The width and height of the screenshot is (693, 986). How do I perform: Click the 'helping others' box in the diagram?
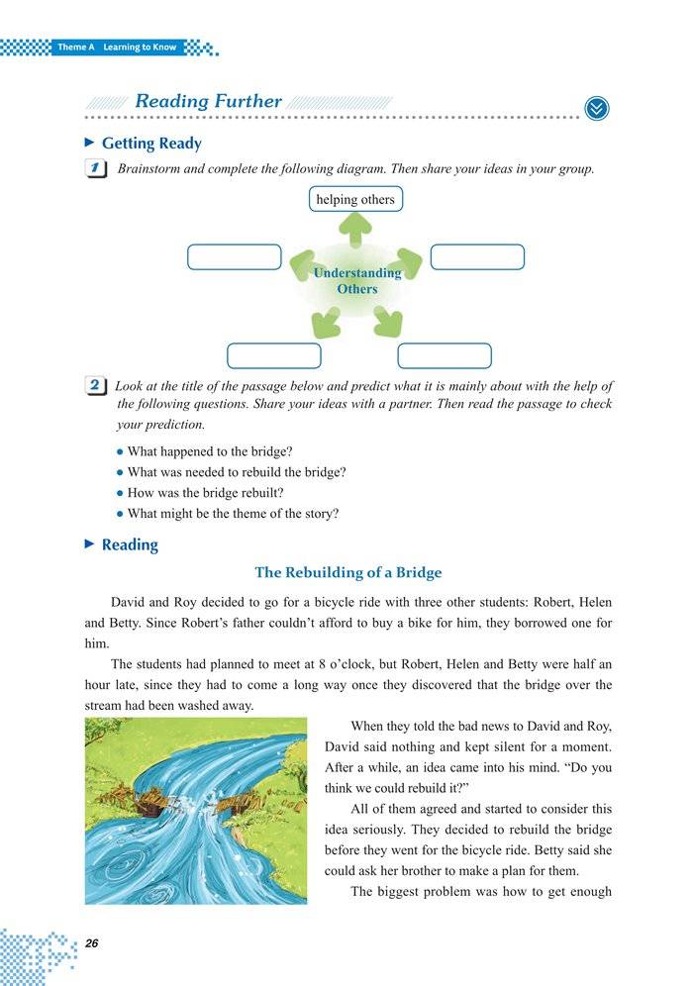point(355,200)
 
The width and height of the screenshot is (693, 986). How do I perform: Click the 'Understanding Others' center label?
point(356,280)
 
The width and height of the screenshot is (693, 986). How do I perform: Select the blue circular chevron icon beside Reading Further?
point(597,108)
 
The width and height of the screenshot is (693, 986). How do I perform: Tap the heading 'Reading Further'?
point(208,102)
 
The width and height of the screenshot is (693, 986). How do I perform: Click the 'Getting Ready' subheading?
point(151,144)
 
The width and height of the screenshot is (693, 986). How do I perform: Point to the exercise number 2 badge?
point(98,386)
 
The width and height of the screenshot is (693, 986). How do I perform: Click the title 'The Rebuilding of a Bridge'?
point(347,573)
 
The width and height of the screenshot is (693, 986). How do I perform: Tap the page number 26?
point(92,943)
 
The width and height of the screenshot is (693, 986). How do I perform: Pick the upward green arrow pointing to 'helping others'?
point(355,231)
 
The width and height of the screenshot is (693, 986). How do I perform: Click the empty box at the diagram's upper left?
point(235,256)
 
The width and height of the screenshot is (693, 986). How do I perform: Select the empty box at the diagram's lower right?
point(445,355)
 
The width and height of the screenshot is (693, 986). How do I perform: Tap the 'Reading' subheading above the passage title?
point(130,545)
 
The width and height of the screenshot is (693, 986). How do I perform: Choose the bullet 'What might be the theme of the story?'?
point(233,514)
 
